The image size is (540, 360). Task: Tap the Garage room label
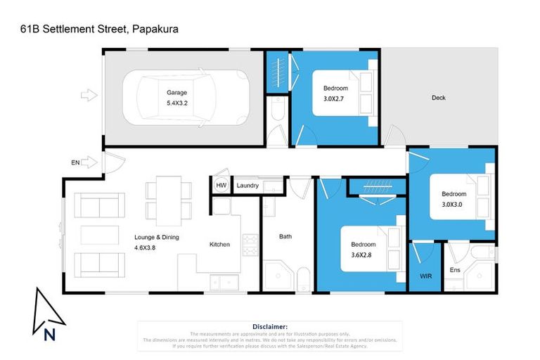(x=176, y=92)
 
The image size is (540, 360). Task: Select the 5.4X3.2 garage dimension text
(x=176, y=103)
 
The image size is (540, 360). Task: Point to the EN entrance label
(x=75, y=162)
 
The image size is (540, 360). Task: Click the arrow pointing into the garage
(x=89, y=94)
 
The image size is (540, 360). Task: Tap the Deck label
(x=438, y=98)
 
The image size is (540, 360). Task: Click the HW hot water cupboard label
(x=221, y=186)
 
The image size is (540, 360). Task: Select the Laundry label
(x=247, y=186)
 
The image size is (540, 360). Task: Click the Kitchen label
(x=219, y=245)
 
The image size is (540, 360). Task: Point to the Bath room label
(x=285, y=237)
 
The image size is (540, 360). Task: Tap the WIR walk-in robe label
(x=425, y=276)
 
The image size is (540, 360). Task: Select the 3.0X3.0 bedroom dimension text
(x=454, y=205)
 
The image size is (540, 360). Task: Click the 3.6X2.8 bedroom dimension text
(x=364, y=255)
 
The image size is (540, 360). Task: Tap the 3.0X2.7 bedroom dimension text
(x=335, y=98)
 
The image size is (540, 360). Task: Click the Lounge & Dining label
(x=157, y=237)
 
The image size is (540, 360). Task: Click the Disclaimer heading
(x=269, y=326)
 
